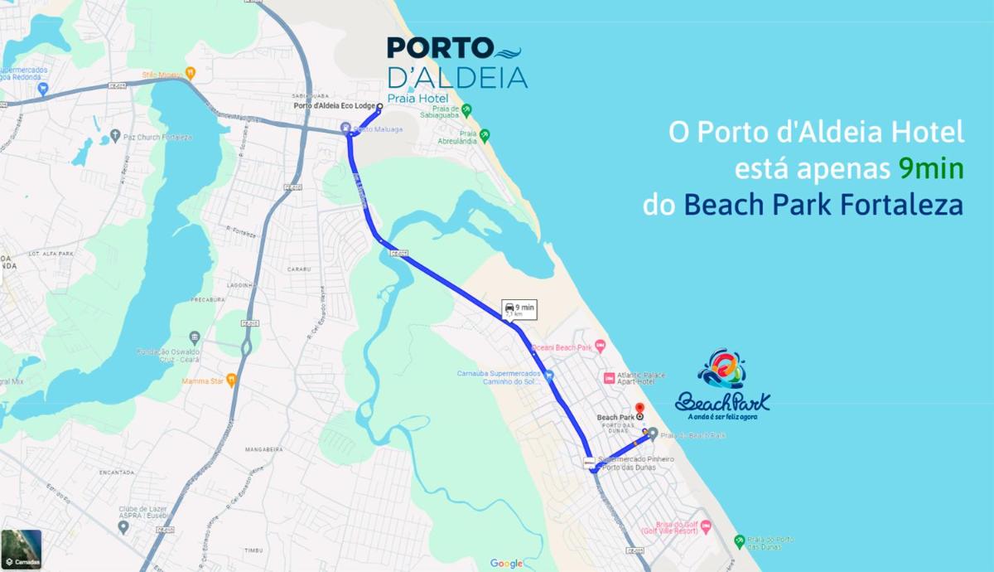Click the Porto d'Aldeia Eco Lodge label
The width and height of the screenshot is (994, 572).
coord(335,106)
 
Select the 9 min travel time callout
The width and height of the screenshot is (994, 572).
coord(519,310)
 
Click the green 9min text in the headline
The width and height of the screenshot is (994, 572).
coord(931,168)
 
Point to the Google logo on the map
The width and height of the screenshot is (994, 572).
coord(506,564)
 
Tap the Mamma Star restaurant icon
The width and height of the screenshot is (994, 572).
coord(231,380)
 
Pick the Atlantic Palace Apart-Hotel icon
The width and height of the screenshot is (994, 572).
coord(609,378)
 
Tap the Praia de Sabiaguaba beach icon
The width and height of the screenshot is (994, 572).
coord(466,109)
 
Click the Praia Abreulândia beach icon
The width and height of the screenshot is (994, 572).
coord(485,134)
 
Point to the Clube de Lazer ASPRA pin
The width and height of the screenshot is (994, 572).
coord(123,527)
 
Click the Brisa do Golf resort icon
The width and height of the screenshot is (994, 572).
coord(706,526)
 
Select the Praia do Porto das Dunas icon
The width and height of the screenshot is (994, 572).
coord(739,541)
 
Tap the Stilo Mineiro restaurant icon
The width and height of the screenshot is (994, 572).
coord(190,73)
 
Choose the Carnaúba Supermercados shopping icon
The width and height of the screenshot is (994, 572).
coord(548,375)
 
